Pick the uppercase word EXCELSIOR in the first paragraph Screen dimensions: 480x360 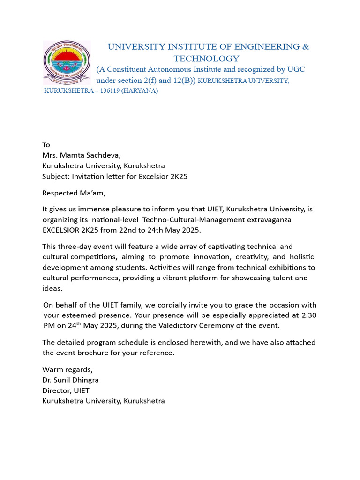click(61, 230)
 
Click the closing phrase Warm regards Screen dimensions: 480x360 click(67, 369)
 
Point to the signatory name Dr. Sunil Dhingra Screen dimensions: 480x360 click(71, 380)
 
